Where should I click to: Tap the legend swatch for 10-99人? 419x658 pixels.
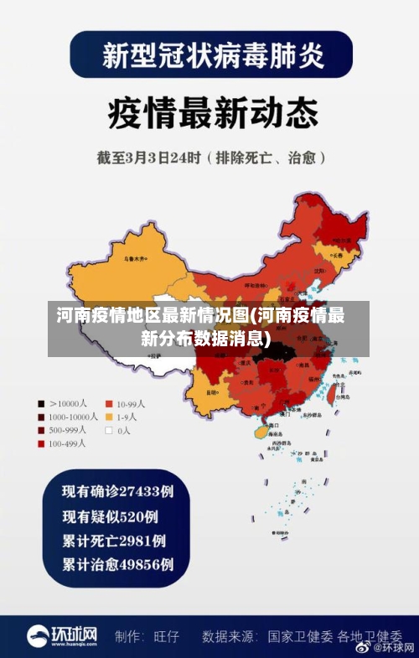click(108, 403)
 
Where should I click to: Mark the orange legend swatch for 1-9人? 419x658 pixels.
click(108, 417)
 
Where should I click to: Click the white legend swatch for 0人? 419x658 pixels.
click(108, 430)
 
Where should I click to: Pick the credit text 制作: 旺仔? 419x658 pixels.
click(147, 637)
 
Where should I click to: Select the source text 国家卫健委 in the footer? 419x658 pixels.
click(300, 637)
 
